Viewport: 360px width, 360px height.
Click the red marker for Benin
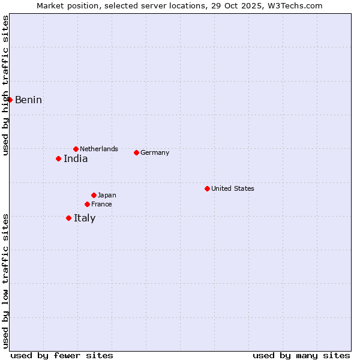pos(10,100)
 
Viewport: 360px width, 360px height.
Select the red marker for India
pos(58,158)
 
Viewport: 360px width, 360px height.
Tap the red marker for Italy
pos(68,218)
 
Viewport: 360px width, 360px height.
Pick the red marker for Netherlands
pos(76,149)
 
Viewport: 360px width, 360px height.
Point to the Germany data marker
pos(136,152)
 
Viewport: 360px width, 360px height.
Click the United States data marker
pos(207,188)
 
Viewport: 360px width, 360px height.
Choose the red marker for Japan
pos(94,195)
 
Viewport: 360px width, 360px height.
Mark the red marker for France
pos(87,204)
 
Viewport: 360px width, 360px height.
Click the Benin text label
pos(28,100)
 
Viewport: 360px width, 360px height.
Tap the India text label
pos(76,158)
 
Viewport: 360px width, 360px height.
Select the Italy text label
pos(85,218)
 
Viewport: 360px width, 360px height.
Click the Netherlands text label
pos(99,149)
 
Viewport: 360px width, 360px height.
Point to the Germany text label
pos(155,152)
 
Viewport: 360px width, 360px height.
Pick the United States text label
pos(233,188)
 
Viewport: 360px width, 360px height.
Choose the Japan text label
pos(107,195)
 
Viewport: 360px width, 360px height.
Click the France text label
pos(101,204)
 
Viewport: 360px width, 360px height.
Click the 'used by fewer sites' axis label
pos(62,355)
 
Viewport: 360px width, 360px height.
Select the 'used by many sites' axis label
pos(301,355)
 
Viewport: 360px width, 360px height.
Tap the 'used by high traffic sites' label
pos(5,85)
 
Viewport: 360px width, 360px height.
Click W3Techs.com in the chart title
pos(294,5)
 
